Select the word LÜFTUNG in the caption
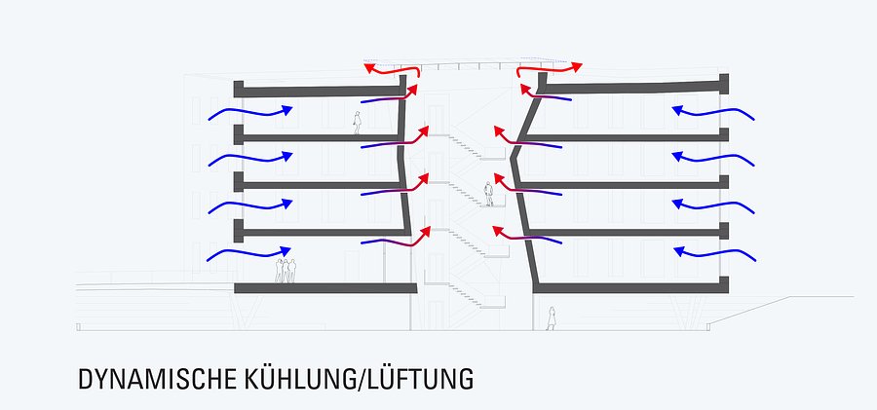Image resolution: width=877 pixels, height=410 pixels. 420,378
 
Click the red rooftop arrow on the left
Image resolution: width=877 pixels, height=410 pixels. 392,69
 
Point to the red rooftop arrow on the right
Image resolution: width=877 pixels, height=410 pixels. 550,68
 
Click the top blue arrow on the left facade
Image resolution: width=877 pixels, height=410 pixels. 249,113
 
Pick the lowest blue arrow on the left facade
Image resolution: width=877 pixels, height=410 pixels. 249,254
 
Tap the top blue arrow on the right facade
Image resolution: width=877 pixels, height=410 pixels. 713,113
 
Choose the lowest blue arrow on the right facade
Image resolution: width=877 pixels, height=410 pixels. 713,254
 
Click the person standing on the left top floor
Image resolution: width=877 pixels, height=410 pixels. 357,124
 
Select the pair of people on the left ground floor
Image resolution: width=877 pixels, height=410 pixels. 285,270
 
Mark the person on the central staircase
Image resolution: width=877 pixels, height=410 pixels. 489,194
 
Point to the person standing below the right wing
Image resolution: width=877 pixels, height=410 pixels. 551,318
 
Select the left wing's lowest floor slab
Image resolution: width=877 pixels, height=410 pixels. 322,287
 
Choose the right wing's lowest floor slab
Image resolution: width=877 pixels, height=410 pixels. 629,287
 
